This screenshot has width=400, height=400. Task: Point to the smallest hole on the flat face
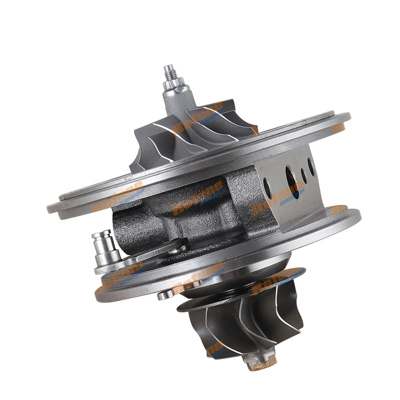click(x=303, y=175)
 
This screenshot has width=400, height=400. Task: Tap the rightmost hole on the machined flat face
click(x=311, y=166)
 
